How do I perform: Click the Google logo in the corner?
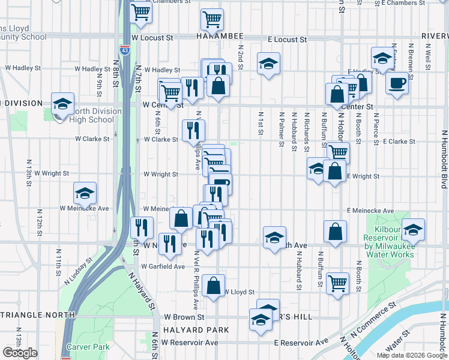point(20,353)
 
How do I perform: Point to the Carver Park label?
point(88,347)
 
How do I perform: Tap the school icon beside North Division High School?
point(62,104)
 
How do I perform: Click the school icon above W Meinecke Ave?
point(85,193)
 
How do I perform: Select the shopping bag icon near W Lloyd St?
point(213,286)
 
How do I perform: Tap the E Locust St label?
point(287,40)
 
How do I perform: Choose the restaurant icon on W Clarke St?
point(194,128)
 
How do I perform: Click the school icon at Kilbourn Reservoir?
point(413,230)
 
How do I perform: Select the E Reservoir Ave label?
point(301,342)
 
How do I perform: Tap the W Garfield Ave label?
point(163,266)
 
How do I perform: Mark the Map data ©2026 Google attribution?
point(411,355)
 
